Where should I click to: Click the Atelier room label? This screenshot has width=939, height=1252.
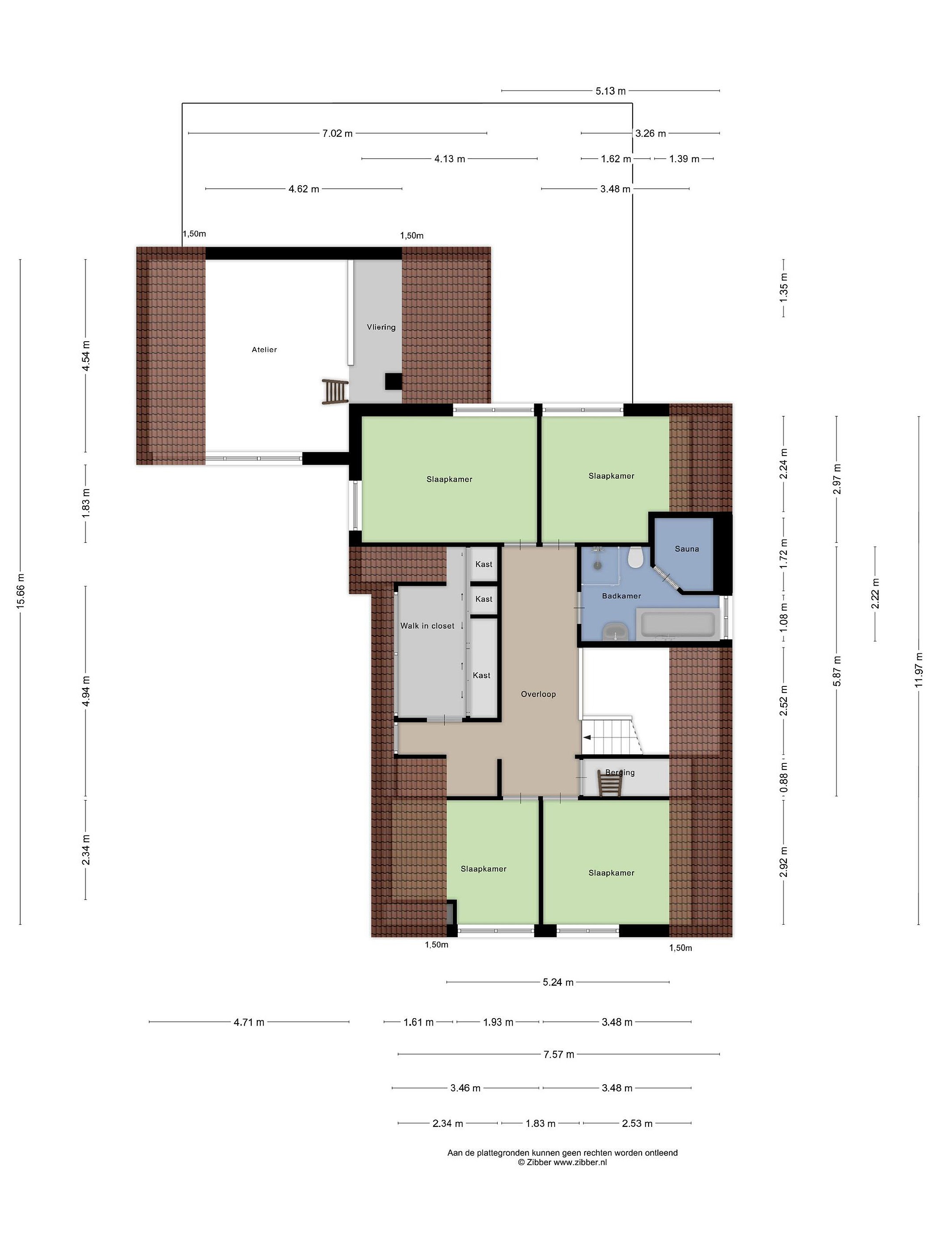pyautogui.click(x=264, y=350)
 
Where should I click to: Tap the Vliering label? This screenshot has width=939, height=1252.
pyautogui.click(x=381, y=327)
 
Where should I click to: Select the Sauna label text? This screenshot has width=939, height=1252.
pyautogui.click(x=686, y=549)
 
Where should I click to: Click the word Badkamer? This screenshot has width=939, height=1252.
pyautogui.click(x=622, y=596)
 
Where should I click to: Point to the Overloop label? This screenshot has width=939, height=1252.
pyautogui.click(x=538, y=694)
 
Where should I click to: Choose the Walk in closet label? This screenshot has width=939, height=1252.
pyautogui.click(x=427, y=626)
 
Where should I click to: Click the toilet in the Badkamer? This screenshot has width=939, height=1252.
pyautogui.click(x=635, y=557)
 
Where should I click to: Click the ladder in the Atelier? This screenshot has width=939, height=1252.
pyautogui.click(x=334, y=391)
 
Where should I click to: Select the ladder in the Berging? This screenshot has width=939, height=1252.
pyautogui.click(x=609, y=783)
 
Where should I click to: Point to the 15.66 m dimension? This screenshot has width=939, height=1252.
pyautogui.click(x=21, y=592)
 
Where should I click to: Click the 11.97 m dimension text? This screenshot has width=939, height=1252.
pyautogui.click(x=919, y=670)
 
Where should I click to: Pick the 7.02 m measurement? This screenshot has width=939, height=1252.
pyautogui.click(x=337, y=133)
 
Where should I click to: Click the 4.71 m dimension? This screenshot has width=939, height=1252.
pyautogui.click(x=249, y=1022)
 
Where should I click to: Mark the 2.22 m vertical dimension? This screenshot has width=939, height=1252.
pyautogui.click(x=875, y=594)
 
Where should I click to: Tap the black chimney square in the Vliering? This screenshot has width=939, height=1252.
pyautogui.click(x=393, y=382)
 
